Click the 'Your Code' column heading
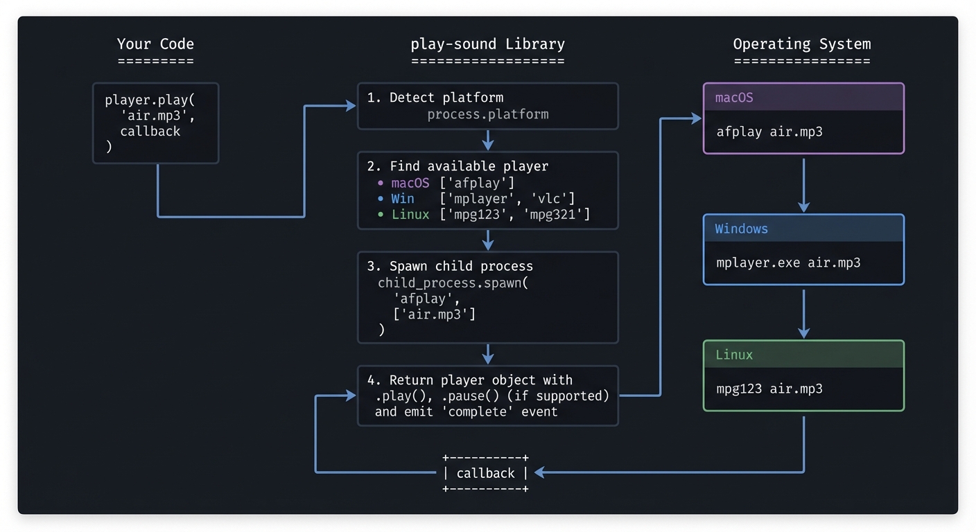click(x=155, y=44)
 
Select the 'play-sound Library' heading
click(x=487, y=44)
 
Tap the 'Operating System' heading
click(x=802, y=44)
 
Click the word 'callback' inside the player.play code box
click(x=150, y=131)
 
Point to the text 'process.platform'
click(x=487, y=114)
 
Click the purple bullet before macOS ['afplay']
click(x=381, y=183)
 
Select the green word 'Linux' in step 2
click(x=410, y=214)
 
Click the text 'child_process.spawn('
click(x=453, y=283)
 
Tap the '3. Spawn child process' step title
click(x=450, y=266)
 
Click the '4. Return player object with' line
click(x=470, y=380)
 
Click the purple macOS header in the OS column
click(x=803, y=98)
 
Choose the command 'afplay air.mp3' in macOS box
click(x=769, y=131)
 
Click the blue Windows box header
click(x=803, y=229)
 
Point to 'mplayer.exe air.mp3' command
click(x=788, y=263)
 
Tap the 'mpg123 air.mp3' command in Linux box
click(x=769, y=389)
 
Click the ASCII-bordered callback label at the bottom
click(x=485, y=473)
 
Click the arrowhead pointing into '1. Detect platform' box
click(x=351, y=106)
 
